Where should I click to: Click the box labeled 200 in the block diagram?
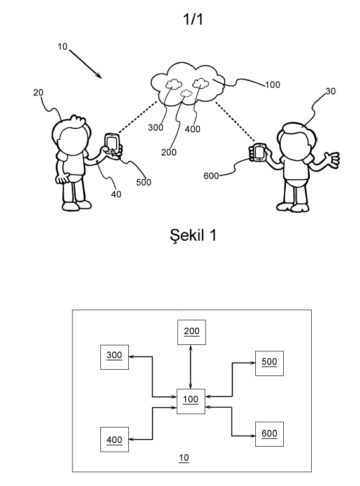[192, 332]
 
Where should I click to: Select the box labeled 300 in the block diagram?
[114, 357]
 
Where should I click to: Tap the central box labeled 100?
[191, 401]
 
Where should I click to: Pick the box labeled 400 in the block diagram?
[114, 439]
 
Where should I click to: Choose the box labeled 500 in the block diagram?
[269, 363]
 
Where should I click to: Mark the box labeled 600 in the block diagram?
[269, 434]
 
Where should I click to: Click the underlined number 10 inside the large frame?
[183, 458]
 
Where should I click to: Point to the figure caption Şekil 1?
[193, 235]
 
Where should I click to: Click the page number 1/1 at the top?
[193, 19]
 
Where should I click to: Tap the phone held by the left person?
[112, 144]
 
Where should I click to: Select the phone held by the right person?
[260, 152]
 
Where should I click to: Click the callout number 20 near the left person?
[39, 92]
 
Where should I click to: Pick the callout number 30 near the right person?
[331, 91]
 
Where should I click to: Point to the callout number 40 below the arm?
[116, 194]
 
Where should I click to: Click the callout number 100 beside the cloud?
[272, 84]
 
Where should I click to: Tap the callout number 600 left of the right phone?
[211, 176]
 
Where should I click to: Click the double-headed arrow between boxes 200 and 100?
[190, 367]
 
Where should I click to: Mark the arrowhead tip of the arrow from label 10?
[102, 78]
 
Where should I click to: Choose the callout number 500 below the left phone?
[143, 182]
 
